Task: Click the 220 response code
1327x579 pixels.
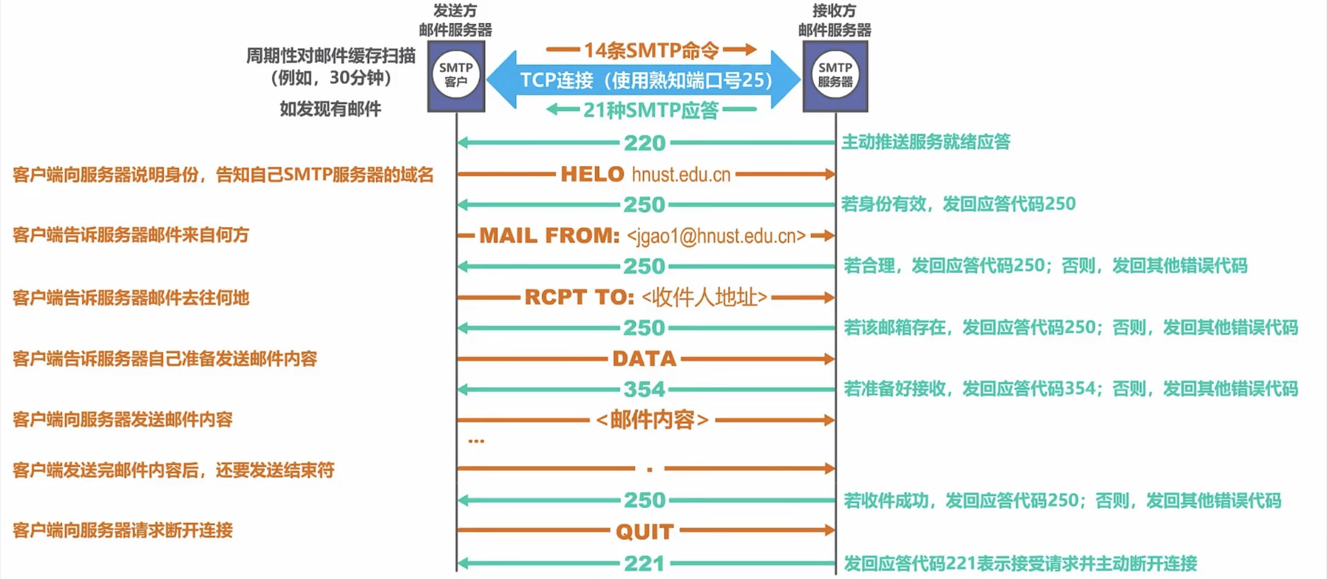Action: coord(645,143)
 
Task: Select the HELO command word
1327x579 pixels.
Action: coord(592,174)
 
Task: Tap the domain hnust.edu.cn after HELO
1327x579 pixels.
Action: coord(681,175)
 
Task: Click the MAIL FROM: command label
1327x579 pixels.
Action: coord(550,236)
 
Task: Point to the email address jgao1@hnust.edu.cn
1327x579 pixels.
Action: coord(716,236)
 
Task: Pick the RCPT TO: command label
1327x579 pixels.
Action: coord(580,297)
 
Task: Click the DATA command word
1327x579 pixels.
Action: coord(645,359)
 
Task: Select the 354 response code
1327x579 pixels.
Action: coord(645,390)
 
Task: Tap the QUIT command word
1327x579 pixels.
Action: coord(645,532)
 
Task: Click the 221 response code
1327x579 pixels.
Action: coord(645,563)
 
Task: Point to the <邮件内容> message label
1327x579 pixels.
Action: coord(652,420)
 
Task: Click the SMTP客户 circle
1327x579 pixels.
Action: coord(456,74)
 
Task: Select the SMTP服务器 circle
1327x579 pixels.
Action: coord(835,74)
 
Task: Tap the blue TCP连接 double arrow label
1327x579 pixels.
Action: coord(646,81)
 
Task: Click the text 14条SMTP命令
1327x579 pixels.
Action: coord(651,51)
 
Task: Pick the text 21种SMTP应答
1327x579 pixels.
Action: coord(651,110)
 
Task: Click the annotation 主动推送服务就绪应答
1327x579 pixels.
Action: coord(926,142)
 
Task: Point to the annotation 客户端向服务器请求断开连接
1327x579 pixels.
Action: coord(123,530)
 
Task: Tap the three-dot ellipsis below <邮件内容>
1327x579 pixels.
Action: coord(476,441)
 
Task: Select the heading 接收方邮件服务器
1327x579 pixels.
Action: coord(835,21)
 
